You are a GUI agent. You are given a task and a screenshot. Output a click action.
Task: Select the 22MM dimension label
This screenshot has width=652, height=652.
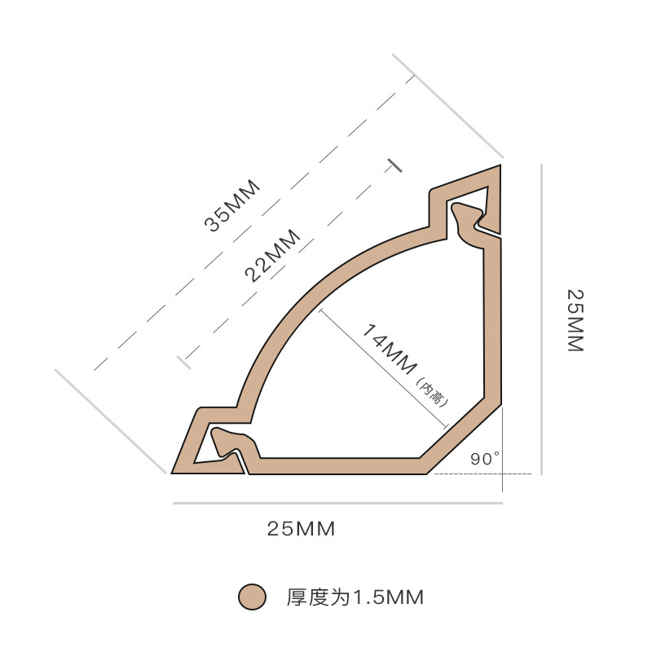click(272, 255)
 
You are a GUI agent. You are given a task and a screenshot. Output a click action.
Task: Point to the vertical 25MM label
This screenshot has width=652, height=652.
click(575, 319)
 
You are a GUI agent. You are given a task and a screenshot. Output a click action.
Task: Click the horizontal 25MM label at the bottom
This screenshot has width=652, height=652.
click(301, 529)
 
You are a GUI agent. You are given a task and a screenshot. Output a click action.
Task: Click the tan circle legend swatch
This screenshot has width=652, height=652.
click(253, 597)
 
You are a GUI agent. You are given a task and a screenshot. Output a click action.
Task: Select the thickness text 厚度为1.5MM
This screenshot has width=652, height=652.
click(355, 597)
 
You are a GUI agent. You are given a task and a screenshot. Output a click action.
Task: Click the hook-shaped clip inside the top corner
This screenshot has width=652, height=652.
click(469, 218)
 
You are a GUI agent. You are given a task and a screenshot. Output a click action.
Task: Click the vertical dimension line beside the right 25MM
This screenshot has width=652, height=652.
click(541, 318)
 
